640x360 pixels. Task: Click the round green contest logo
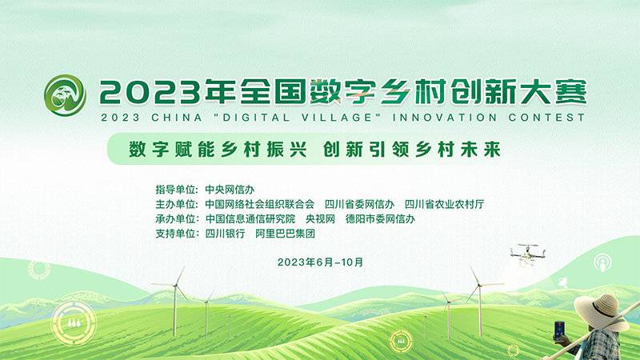coord(65,95)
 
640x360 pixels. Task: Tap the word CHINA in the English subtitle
coord(177,118)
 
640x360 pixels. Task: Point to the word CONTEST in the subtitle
coord(547,118)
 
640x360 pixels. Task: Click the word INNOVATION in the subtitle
coord(445,118)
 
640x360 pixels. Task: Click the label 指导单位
coord(175,190)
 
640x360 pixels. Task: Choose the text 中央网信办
coord(230,190)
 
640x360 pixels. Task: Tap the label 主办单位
coord(175,204)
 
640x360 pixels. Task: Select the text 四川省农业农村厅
coord(444,204)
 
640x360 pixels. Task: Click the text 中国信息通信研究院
coord(250,218)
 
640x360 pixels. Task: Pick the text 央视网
coord(321,218)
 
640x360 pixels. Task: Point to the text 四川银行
coord(225,234)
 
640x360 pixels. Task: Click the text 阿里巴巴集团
coord(286,234)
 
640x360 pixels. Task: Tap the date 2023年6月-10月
coord(321,262)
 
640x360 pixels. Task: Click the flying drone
coord(528,254)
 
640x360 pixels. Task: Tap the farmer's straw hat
coord(601,313)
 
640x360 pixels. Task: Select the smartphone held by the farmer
coord(559,331)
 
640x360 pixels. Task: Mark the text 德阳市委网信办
coord(380,218)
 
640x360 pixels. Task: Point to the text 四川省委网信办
coord(359,204)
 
